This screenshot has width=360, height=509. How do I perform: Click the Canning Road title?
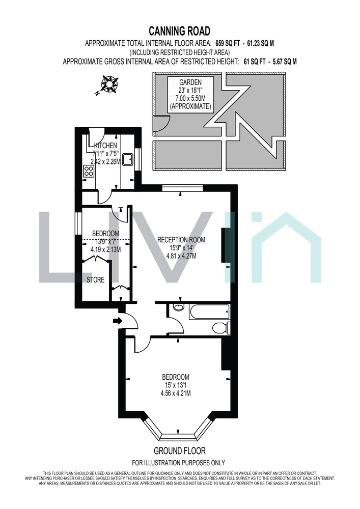[x=180, y=31]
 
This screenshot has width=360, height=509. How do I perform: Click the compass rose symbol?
[x=109, y=83]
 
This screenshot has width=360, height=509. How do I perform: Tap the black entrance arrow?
[x=117, y=321]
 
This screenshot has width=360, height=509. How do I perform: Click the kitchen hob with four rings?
[x=89, y=171]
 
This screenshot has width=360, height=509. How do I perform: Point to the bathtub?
[x=209, y=312]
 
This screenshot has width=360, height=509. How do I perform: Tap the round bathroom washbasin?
[x=178, y=307]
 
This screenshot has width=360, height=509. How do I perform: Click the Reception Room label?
[x=181, y=240]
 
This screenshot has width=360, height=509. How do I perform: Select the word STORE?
[x=95, y=280]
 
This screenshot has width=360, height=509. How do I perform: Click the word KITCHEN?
[x=105, y=146]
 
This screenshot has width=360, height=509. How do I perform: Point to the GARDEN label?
[x=190, y=82]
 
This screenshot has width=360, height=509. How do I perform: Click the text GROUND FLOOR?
[x=180, y=451]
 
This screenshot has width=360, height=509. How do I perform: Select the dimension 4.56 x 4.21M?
[x=176, y=393]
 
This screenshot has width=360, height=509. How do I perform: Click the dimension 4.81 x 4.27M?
[x=181, y=256]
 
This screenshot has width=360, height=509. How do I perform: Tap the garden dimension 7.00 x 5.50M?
[x=190, y=98]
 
